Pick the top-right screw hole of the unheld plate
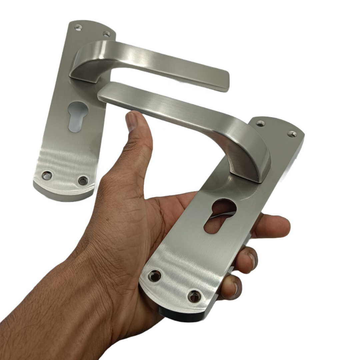point(106,34)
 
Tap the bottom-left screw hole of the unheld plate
point(47,175)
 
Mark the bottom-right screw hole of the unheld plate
point(83,180)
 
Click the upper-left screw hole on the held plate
point(260,124)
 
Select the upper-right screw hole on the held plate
point(292,134)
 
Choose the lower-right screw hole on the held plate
point(194,296)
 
